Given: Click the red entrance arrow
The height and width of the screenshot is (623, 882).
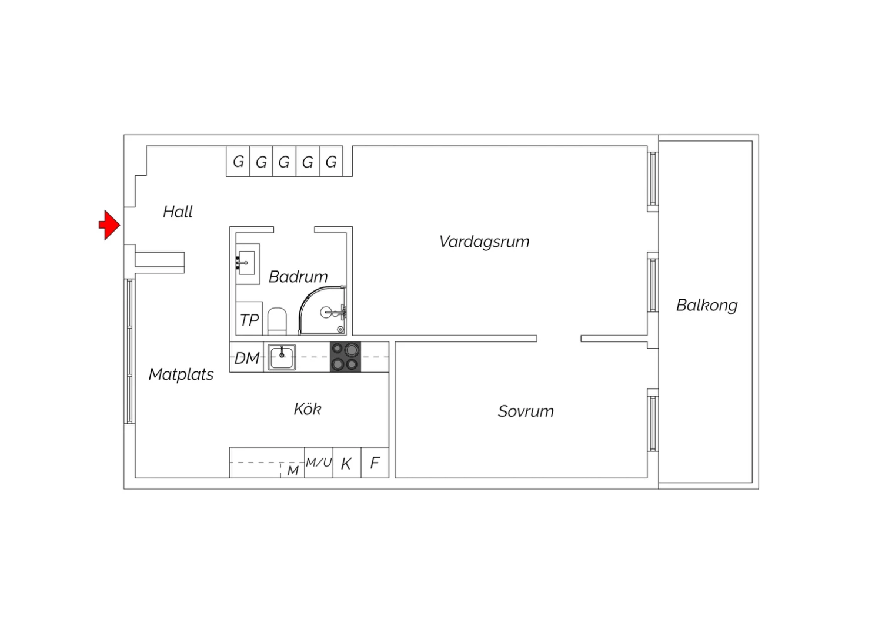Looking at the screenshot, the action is [109, 225].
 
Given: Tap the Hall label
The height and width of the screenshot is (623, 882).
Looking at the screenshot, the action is [178, 212].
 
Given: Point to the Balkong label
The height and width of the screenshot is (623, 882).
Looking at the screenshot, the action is [707, 306].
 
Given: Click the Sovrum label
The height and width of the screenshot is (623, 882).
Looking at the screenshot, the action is [526, 411].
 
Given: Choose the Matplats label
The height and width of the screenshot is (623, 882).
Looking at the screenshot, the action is [181, 374].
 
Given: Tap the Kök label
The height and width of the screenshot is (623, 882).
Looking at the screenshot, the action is [308, 409].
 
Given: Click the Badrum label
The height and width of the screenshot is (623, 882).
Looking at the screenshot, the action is [298, 277].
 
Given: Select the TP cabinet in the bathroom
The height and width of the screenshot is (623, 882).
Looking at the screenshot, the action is [249, 319].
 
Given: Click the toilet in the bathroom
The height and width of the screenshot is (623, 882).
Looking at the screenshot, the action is [277, 321].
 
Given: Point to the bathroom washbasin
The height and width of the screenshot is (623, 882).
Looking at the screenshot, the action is [248, 263].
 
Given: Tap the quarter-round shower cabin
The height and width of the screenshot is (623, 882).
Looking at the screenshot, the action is [322, 310].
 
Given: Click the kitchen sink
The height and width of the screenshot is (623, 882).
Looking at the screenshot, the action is [282, 357].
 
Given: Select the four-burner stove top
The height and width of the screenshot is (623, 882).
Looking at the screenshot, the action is [345, 357].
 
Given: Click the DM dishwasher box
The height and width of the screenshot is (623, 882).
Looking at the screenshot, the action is [246, 357].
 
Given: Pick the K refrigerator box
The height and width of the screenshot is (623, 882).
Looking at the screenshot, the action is [347, 463].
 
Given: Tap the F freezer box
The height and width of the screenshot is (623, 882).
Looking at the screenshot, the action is [375, 463].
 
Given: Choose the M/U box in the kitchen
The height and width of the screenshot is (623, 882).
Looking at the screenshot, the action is [319, 463].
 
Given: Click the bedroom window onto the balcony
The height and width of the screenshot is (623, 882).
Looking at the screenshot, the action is [653, 424].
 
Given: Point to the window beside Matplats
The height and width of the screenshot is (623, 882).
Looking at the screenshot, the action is [130, 351].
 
